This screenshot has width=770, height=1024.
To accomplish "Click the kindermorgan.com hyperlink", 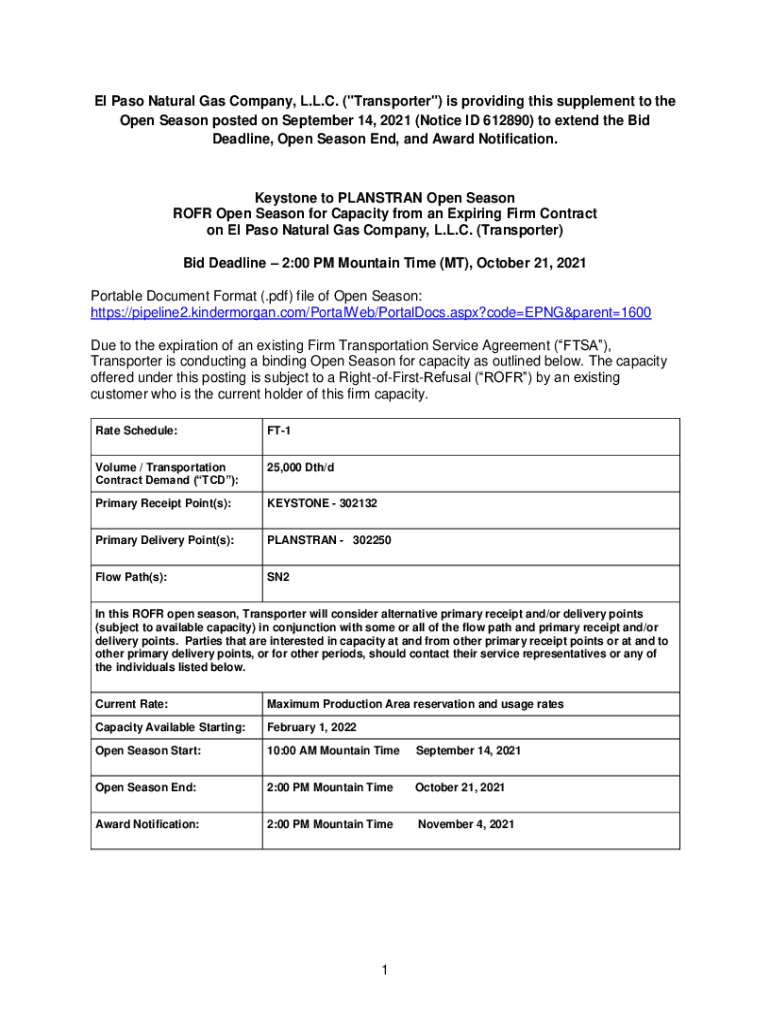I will [370, 313].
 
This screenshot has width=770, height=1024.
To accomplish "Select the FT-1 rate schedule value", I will [279, 431].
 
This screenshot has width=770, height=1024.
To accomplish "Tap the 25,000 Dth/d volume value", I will [304, 467].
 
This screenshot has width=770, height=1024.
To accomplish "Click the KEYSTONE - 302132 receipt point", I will [321, 503].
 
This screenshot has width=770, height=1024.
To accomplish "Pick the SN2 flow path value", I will [277, 577].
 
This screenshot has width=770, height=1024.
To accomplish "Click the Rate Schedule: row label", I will [137, 431].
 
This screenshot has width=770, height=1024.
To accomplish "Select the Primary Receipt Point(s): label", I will [163, 503].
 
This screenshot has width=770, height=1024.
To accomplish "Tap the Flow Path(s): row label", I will [131, 577].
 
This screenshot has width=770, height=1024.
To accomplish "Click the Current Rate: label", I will [131, 704].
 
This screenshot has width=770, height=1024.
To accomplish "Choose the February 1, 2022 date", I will [311, 727].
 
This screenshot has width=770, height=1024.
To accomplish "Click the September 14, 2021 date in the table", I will [467, 750].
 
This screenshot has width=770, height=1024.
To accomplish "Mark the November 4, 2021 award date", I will [466, 824].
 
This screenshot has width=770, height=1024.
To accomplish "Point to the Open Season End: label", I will [145, 787].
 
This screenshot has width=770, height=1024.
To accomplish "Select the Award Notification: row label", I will [147, 824].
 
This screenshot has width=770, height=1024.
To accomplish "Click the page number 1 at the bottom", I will [385, 968].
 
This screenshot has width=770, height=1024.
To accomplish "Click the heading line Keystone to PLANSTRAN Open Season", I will [385, 198].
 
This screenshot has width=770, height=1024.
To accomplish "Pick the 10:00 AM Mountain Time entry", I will [333, 750].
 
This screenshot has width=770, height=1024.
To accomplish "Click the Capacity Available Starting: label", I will [169, 727].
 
